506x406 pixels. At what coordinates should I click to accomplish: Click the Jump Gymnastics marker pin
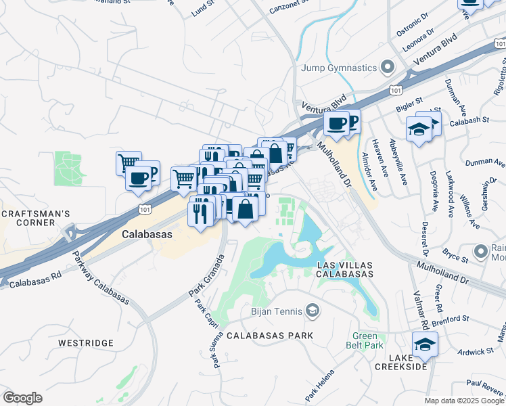pos(388,68)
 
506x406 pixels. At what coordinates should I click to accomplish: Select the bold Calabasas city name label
pos(147,233)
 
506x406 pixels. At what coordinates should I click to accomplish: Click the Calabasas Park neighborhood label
pos(270,336)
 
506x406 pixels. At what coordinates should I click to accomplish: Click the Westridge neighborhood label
pos(86,343)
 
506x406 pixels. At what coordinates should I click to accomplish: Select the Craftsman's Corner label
pos(35,219)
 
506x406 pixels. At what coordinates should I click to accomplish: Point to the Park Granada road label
pos(206,278)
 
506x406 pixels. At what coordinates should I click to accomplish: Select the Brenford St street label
pos(452,319)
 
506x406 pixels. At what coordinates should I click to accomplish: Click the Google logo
pos(23,397)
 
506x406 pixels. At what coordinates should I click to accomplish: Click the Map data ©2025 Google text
pos(463,401)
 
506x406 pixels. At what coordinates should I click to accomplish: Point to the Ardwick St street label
pos(474,351)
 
